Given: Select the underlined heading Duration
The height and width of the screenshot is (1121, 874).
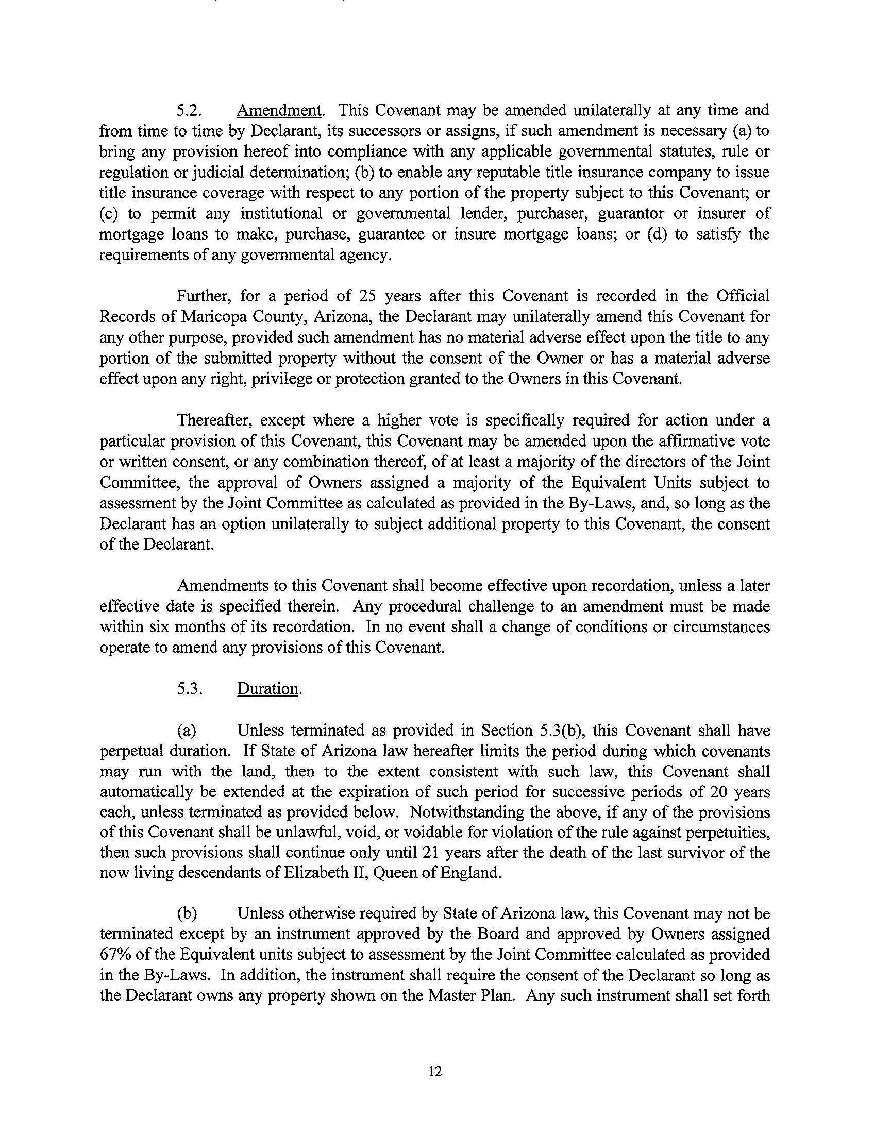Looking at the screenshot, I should [x=268, y=689].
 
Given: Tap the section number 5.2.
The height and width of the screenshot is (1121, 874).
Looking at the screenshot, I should [x=189, y=111].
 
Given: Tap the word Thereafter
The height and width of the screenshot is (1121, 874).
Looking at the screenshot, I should [x=214, y=421].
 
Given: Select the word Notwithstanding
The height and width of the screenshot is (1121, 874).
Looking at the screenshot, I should [x=468, y=812].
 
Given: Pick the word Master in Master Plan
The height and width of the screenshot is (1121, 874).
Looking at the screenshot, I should [x=451, y=995].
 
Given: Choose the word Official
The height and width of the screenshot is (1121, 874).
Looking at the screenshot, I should [x=743, y=296].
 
